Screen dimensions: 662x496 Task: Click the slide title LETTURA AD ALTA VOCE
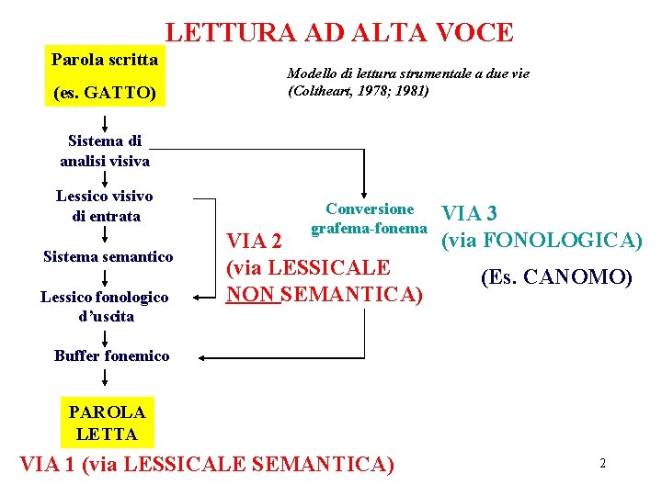[339, 33]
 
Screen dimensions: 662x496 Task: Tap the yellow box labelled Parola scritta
[105, 61]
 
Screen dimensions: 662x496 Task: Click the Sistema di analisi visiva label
[105, 151]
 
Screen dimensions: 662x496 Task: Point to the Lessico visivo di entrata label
[105, 206]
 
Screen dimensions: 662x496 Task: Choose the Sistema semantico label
[108, 257]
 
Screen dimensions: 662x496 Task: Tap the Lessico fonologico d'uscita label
[105, 306]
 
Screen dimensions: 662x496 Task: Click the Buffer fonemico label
[111, 355]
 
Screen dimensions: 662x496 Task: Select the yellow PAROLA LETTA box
[107, 423]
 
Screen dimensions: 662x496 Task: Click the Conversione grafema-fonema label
[370, 219]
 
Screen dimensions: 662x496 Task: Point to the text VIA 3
[470, 214]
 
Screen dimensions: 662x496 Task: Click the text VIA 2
[254, 242]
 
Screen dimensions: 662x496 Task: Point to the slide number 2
[602, 464]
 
